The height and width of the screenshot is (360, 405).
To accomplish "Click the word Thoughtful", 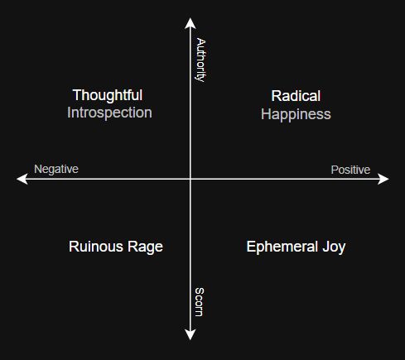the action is [108, 95].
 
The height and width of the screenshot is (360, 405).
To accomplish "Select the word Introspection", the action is [109, 113].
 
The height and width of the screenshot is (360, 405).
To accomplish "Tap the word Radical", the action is [296, 96].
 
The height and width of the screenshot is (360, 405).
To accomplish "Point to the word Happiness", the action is [296, 114].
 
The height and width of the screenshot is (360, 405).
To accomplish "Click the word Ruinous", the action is [96, 247].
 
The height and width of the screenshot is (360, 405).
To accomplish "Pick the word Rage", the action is [145, 247].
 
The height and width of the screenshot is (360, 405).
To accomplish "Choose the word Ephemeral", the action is [282, 247].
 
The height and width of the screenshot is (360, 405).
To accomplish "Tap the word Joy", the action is [334, 247].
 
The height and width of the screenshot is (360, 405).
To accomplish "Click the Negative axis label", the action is [56, 169].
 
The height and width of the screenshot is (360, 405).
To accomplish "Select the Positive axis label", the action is [350, 170].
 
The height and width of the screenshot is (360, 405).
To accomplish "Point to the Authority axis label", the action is [200, 60].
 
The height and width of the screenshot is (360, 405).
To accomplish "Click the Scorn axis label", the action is [199, 302].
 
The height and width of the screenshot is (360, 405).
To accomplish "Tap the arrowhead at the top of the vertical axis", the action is [190, 22].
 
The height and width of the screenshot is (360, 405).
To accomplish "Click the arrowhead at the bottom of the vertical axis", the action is [190, 334].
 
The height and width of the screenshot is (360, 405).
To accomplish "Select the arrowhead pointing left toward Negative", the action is [22, 179].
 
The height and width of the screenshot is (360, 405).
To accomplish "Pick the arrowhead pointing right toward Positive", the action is [383, 179].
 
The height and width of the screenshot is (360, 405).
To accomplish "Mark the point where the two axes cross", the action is [190, 179].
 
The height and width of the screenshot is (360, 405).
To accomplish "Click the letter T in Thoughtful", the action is [77, 95].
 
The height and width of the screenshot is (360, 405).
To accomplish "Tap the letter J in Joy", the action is [326, 247].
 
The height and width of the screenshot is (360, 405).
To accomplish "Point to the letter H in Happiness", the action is [266, 114].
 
